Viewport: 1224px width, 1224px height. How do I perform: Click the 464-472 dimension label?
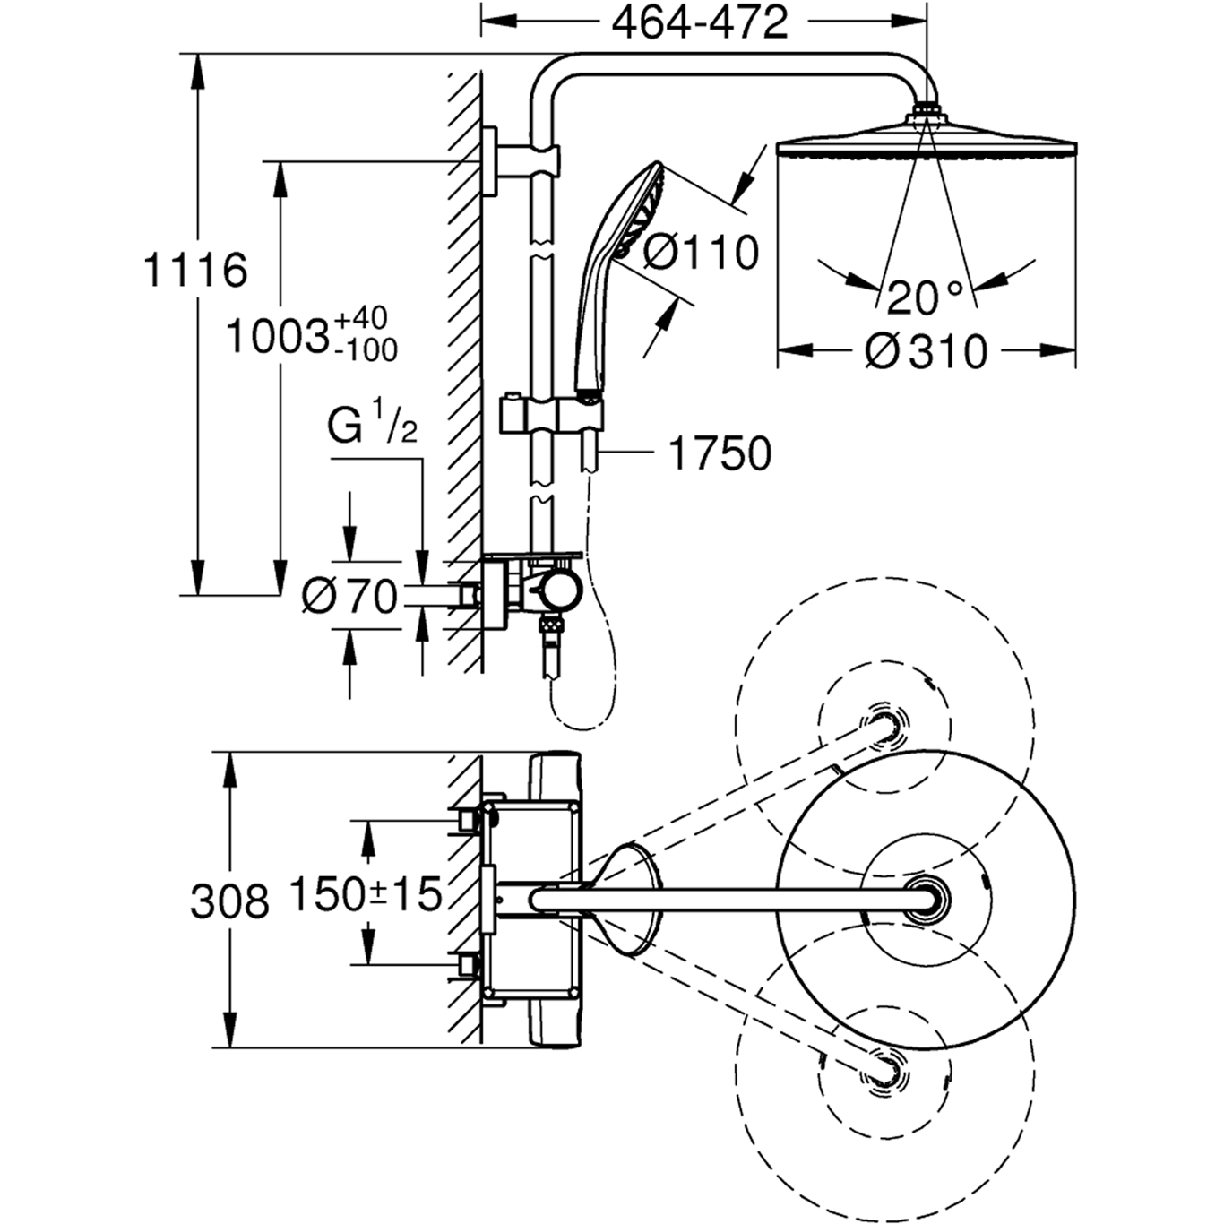point(700,22)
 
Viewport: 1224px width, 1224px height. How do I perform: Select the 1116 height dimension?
point(195,270)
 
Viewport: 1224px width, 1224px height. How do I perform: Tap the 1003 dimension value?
point(276,337)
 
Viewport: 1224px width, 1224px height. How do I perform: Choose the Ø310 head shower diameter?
point(926,351)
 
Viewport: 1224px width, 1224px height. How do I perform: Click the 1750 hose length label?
point(720,453)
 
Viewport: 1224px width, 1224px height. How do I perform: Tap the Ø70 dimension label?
point(349,596)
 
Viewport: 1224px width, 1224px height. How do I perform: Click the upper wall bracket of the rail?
point(520,159)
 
